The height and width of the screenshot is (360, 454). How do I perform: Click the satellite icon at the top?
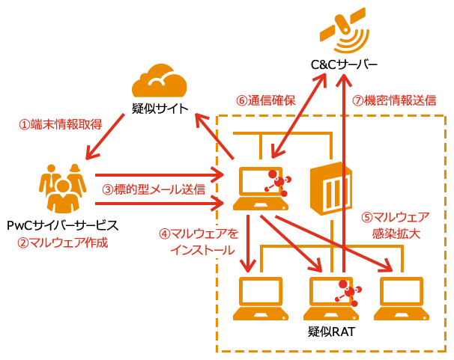tap(345, 30)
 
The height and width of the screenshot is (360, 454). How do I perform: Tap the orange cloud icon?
tap(159, 81)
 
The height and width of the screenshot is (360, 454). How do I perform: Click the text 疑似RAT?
tap(331, 330)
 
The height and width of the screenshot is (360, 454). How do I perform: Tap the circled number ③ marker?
tap(107, 189)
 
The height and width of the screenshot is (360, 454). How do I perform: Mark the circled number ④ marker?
tap(165, 234)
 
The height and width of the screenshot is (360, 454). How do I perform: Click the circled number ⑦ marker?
tap(357, 100)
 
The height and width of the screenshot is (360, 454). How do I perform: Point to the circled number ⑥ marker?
tap(241, 100)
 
